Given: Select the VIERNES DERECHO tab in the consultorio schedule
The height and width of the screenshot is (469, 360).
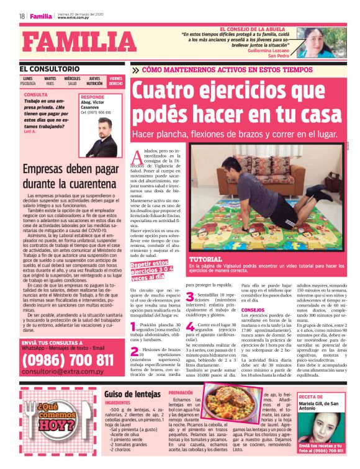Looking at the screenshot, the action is [x=116, y=81].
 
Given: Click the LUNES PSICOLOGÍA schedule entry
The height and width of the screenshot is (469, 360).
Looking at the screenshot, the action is [x=28, y=81].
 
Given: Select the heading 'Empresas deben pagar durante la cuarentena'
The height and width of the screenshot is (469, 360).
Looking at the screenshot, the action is [x=68, y=177].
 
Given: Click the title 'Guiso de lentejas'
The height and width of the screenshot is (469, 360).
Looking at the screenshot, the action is [x=134, y=395].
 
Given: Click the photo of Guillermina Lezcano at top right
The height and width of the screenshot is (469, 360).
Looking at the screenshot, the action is [x=317, y=43].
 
